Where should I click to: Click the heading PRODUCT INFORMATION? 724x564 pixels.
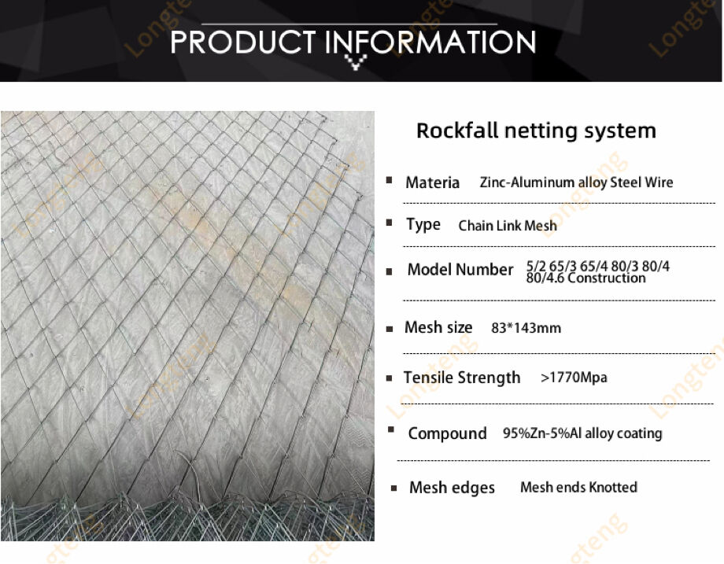pos(353,41)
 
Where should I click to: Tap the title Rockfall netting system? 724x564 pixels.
pos(536,131)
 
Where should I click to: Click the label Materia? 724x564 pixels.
pos(432,182)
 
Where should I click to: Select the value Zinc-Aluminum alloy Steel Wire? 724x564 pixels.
pos(576,182)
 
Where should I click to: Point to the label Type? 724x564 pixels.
pos(423,225)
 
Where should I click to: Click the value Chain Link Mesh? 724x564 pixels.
pos(508,226)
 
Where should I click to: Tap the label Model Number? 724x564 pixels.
pos(460,270)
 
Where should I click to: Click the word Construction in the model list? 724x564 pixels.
pos(606,278)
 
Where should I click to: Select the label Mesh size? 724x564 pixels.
pos(438,327)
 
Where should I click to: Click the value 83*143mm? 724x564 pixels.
pos(526,328)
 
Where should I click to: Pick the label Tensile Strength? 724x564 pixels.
pos(462,378)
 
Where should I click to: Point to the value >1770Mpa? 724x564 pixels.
pos(574,378)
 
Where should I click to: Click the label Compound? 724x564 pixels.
pos(447,433)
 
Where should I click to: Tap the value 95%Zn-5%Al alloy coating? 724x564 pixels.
pos(582,433)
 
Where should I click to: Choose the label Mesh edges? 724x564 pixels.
pos(452,488)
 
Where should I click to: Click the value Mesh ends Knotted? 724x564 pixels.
pos(578,488)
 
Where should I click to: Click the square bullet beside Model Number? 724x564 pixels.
pos(390,271)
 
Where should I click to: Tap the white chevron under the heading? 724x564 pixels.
pos(356,62)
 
